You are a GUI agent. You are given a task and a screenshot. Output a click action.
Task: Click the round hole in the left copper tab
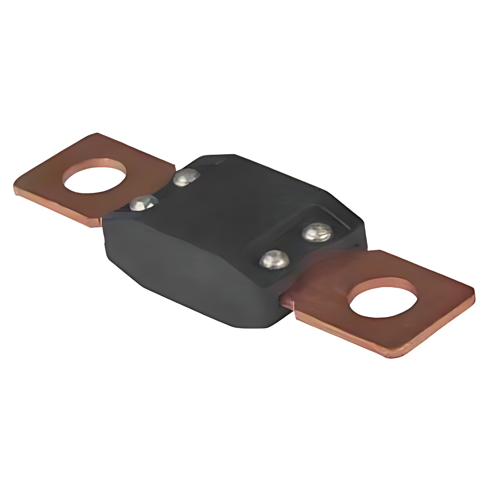click(x=95, y=176)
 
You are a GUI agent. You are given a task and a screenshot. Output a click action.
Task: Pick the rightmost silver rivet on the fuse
click(x=317, y=233)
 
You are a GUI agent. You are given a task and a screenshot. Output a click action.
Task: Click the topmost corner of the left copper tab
click(x=97, y=134)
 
